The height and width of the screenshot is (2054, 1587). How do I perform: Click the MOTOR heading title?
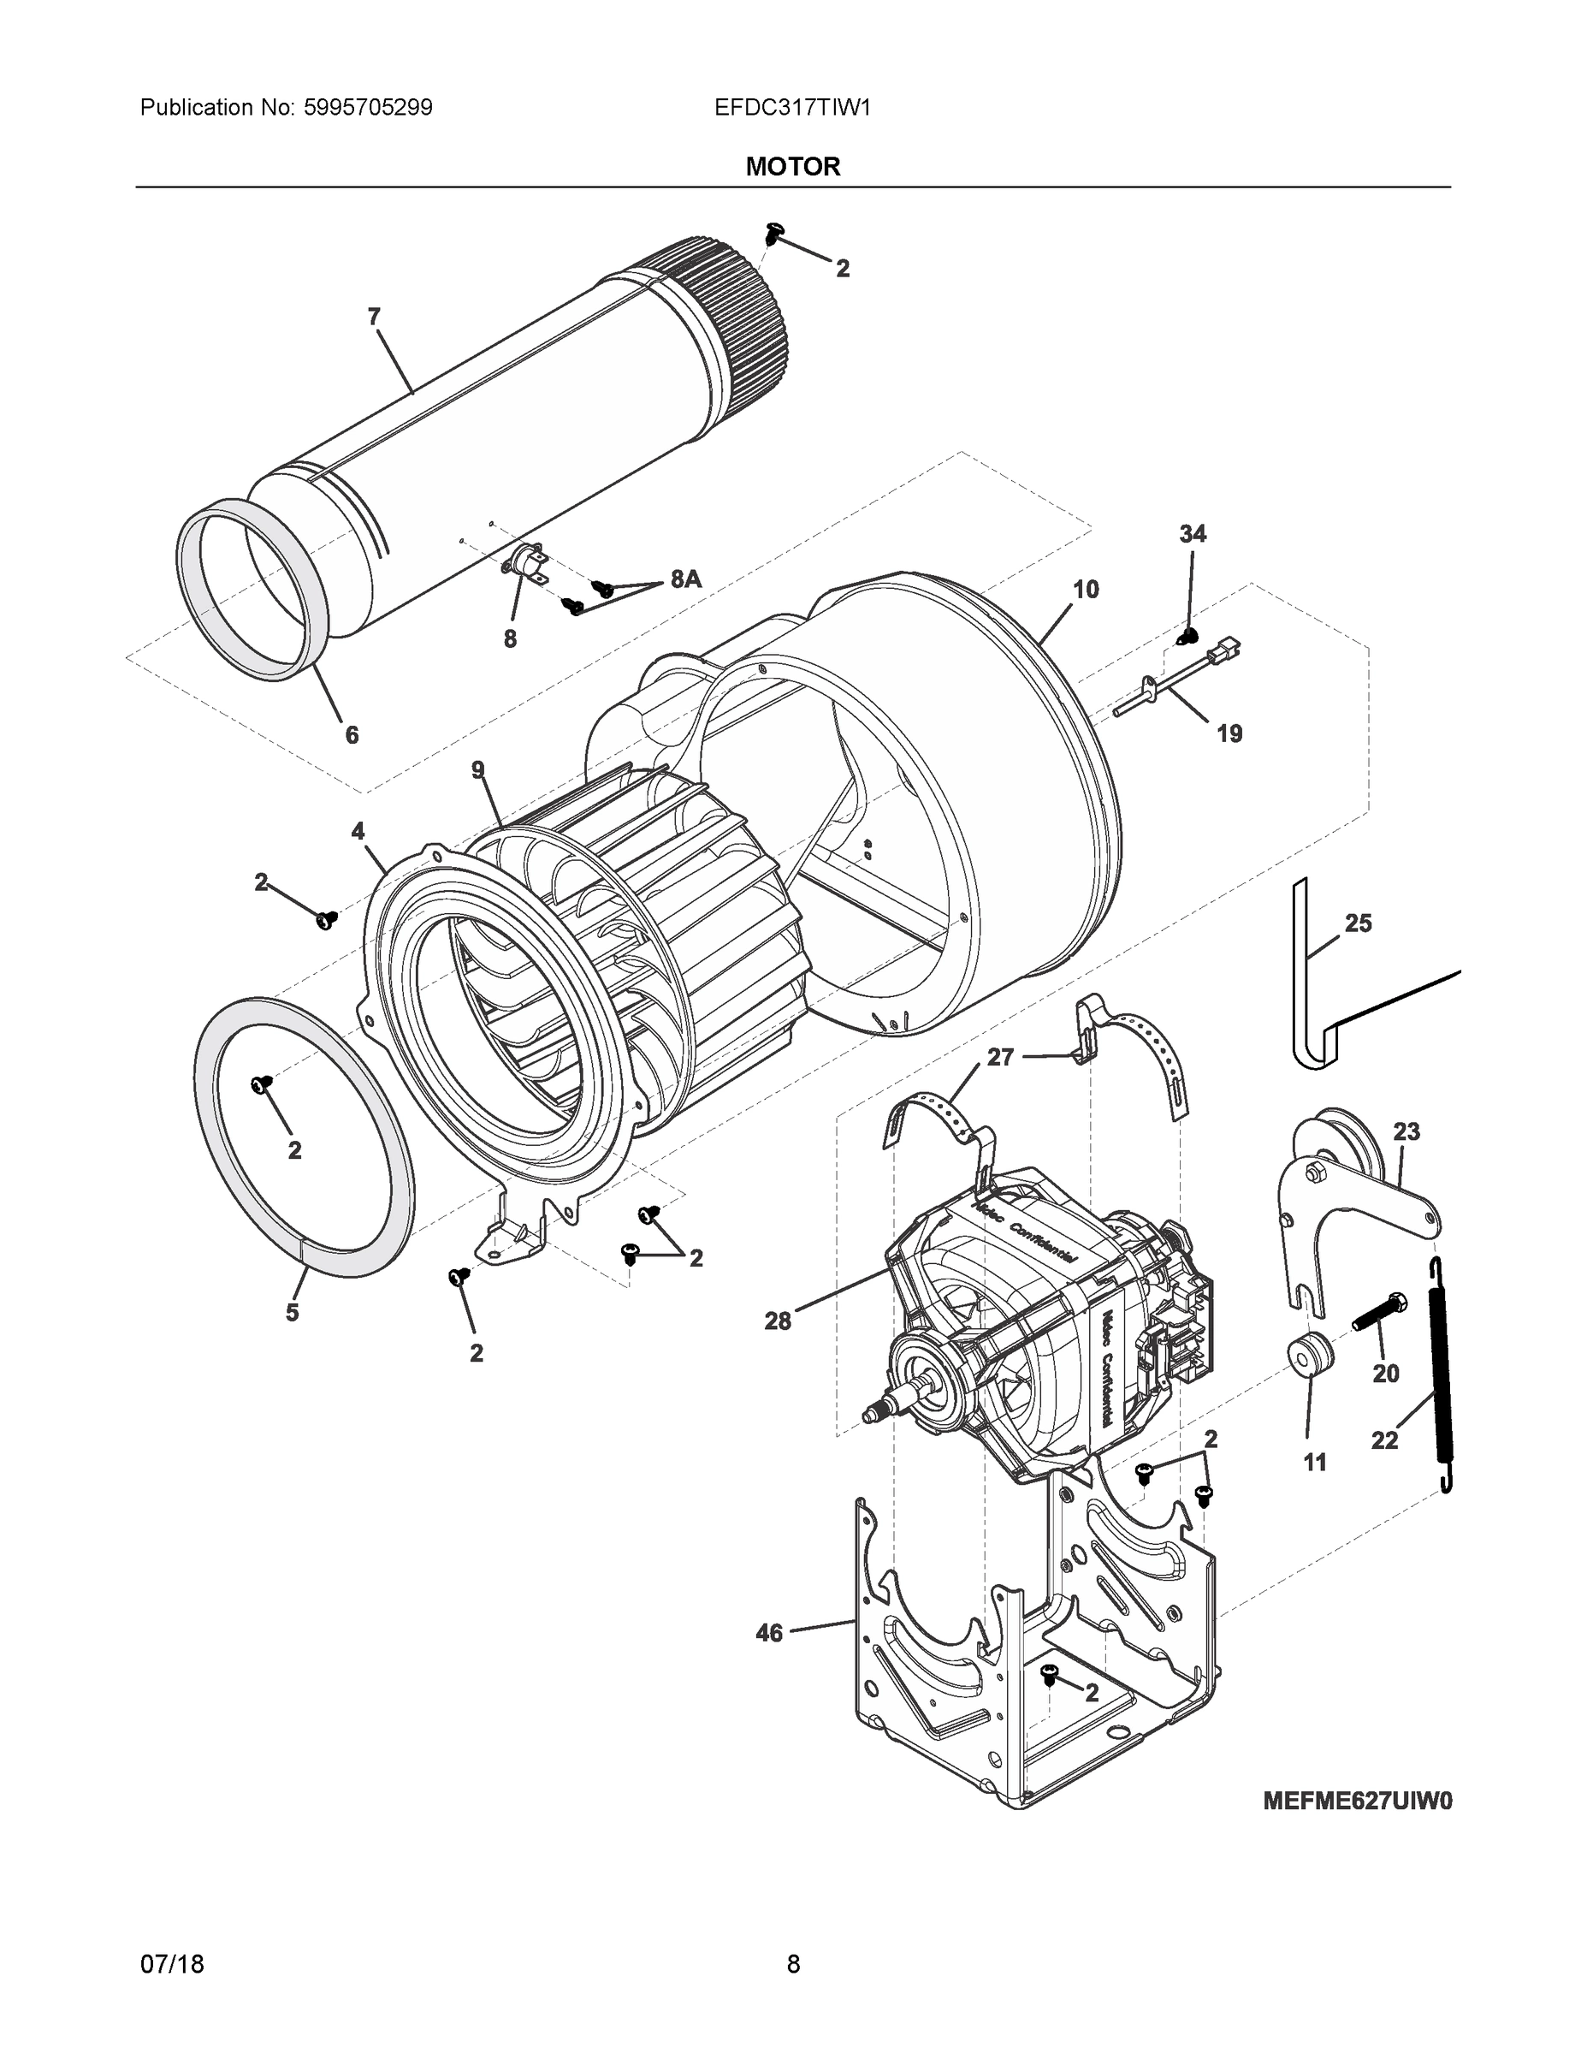click(792, 167)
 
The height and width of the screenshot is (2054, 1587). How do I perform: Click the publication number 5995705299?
click(368, 107)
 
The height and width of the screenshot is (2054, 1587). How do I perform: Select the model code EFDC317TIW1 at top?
click(792, 107)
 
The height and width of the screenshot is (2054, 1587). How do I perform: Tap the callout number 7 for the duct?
click(374, 317)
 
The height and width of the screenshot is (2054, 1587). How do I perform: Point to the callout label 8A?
click(685, 579)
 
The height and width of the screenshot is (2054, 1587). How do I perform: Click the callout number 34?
click(1192, 533)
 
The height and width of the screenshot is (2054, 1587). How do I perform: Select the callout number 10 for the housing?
click(1086, 589)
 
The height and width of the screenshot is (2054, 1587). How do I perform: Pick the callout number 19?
click(1229, 733)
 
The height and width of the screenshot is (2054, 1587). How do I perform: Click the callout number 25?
click(1358, 923)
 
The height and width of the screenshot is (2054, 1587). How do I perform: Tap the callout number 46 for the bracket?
click(769, 1633)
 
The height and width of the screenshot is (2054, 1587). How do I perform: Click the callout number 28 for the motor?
click(778, 1321)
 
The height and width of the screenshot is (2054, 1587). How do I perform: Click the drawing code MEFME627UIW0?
click(1357, 1800)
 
